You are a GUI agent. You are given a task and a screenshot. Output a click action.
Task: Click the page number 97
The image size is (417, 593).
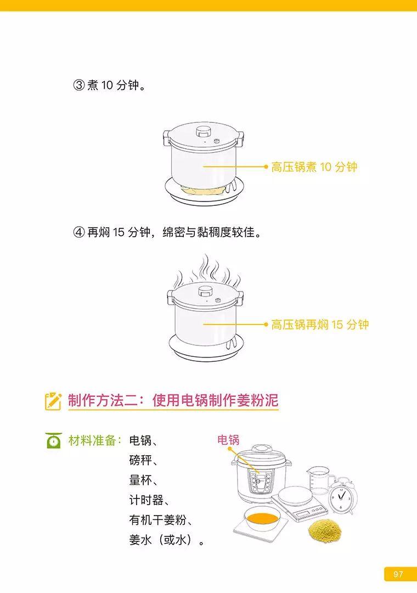click(x=398, y=574)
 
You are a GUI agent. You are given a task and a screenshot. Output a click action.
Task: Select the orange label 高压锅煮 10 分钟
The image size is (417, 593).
click(x=314, y=167)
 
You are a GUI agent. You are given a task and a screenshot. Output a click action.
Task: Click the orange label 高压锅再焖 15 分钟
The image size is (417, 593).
click(x=320, y=325)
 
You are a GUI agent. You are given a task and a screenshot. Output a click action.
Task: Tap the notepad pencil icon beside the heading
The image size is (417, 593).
click(x=53, y=401)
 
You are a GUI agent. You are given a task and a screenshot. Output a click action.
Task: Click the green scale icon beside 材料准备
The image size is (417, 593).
click(x=54, y=440)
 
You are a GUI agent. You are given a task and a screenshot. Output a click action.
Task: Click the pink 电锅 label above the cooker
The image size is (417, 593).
click(x=228, y=439)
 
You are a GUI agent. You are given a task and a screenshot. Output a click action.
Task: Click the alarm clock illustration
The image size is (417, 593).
click(x=343, y=495)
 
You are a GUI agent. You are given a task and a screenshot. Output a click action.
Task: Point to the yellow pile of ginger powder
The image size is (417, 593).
click(x=325, y=530)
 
